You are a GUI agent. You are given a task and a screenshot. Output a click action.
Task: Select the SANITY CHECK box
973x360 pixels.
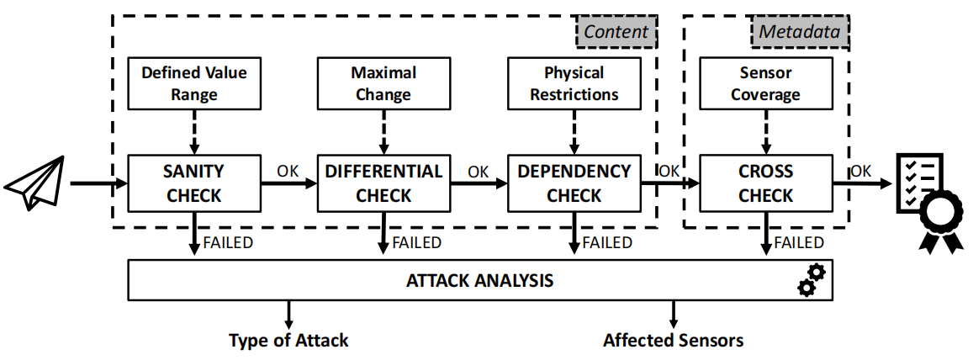point(193,183)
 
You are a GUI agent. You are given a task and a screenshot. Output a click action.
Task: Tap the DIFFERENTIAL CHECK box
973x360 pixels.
point(383,183)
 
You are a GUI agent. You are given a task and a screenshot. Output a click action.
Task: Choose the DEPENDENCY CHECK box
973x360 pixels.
point(574,183)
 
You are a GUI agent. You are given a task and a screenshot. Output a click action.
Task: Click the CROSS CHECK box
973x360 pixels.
point(765,183)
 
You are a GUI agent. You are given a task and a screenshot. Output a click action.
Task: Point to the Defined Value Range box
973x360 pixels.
point(193,83)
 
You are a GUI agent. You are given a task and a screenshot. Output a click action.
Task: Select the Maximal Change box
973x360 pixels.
point(383,83)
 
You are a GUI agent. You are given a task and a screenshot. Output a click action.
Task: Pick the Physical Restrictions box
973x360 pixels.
point(574,83)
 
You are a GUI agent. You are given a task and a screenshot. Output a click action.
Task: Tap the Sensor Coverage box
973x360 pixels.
point(765,83)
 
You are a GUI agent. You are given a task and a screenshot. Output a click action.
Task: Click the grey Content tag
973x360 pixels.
point(616,32)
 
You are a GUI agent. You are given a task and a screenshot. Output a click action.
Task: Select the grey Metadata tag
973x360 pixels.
point(799,32)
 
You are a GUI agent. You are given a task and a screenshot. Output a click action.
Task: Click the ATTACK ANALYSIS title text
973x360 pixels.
point(480,280)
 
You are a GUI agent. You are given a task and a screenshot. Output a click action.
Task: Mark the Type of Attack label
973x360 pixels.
point(288,341)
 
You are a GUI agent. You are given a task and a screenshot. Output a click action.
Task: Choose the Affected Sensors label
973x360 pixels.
point(673,341)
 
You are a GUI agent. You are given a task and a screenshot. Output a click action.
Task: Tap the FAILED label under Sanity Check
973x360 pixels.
point(228,243)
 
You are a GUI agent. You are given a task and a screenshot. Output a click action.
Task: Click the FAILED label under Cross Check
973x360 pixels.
point(799,243)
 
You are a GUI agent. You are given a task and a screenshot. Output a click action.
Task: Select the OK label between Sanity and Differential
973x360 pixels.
point(288,171)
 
